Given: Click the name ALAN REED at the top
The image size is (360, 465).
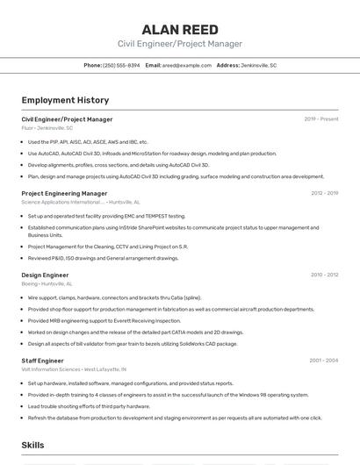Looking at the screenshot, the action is (x=179, y=29).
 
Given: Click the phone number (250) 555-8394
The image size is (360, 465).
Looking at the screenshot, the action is (x=121, y=65).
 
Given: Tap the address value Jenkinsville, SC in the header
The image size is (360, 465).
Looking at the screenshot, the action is (x=259, y=65).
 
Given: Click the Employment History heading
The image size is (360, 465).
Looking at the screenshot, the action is (x=65, y=100).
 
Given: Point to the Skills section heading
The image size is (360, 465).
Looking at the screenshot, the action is (x=32, y=446).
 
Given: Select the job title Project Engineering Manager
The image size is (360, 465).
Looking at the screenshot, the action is (x=64, y=193).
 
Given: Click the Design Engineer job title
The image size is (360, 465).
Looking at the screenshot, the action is (x=45, y=275).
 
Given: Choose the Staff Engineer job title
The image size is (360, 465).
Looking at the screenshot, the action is (x=42, y=361).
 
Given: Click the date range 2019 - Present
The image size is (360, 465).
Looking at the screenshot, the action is (x=321, y=119).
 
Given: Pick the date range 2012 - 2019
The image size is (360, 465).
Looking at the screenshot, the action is (x=324, y=193).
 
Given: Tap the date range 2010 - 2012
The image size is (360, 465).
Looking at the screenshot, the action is (x=324, y=275).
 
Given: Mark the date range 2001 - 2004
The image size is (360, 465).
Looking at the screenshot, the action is (x=324, y=361).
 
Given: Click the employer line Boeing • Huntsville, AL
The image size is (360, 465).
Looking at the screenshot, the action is (x=47, y=283).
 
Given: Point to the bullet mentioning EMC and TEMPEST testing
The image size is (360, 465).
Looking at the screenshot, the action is (x=106, y=216).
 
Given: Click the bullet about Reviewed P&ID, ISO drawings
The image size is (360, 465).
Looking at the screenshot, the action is (x=103, y=258).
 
